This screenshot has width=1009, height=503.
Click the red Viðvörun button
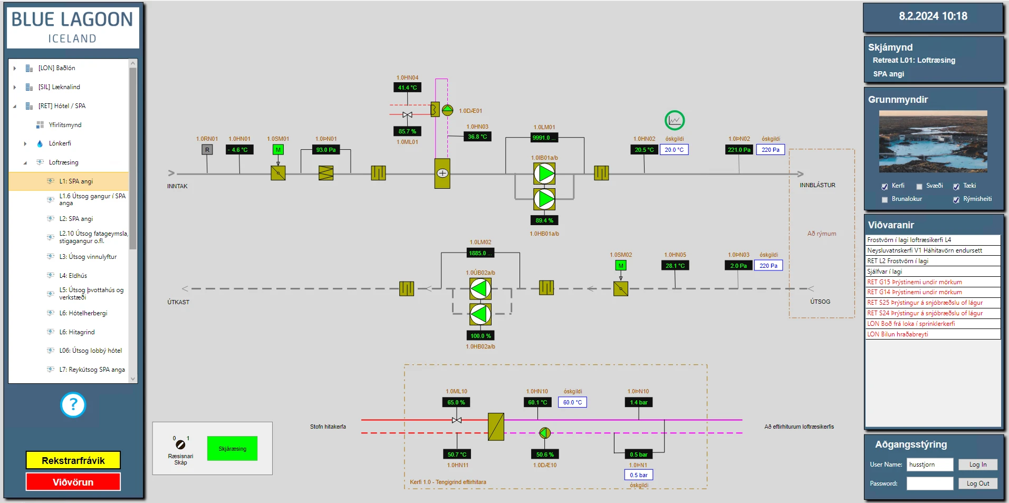[73, 482]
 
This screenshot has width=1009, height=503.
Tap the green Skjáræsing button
[232, 449]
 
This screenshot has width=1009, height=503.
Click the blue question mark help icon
[73, 405]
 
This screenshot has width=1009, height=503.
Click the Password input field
[929, 483]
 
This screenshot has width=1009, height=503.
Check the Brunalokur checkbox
[885, 199]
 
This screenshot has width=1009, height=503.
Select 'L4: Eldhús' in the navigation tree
[73, 276]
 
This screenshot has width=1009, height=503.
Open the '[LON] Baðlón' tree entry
[56, 68]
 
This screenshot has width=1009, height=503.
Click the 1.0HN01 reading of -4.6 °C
[239, 150]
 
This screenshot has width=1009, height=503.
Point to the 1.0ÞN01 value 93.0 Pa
[326, 150]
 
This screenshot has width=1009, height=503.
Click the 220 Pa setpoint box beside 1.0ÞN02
[770, 150]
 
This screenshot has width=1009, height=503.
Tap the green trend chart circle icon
[674, 121]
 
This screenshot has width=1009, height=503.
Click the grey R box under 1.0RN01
[207, 150]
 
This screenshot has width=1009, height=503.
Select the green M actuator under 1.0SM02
[621, 266]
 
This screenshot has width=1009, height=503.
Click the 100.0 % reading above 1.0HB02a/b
[480, 336]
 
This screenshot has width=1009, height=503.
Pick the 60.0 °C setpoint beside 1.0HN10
[572, 402]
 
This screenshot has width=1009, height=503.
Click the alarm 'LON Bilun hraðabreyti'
[898, 334]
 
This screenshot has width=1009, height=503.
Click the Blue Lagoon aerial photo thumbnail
[933, 141]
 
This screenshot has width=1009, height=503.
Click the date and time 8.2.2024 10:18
[933, 16]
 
